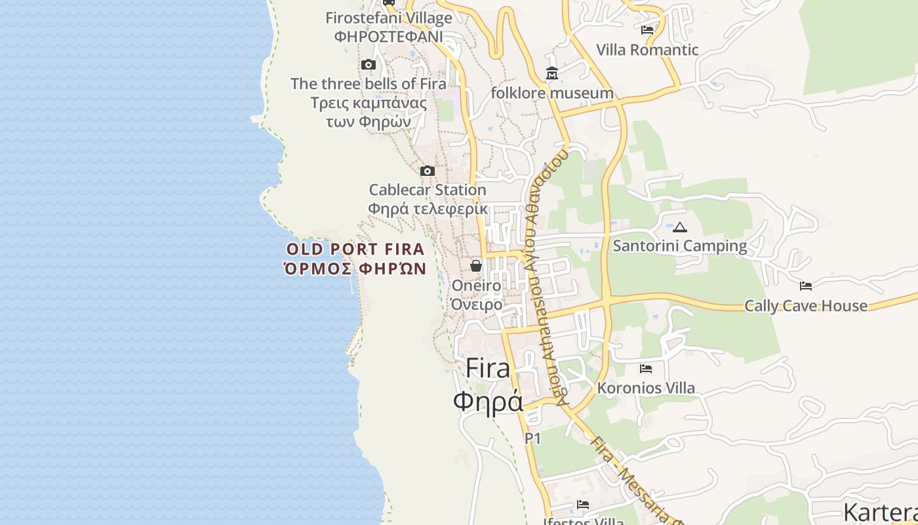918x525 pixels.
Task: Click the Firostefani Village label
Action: pyautogui.click(x=389, y=18)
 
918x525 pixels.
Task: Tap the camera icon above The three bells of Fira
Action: pyautogui.click(x=369, y=64)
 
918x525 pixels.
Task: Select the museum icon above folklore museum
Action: pyautogui.click(x=552, y=73)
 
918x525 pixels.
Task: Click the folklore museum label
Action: pyautogui.click(x=552, y=93)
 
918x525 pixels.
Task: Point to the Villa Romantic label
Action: pyautogui.click(x=647, y=50)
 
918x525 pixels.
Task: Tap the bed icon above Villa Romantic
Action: pyautogui.click(x=647, y=30)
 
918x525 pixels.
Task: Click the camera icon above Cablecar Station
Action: pyautogui.click(x=428, y=171)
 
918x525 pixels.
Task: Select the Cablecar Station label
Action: pyautogui.click(x=428, y=190)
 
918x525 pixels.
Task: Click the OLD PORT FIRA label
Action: pyautogui.click(x=355, y=249)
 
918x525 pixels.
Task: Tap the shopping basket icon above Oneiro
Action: pyautogui.click(x=476, y=266)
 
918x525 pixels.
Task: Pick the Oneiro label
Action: pyautogui.click(x=476, y=286)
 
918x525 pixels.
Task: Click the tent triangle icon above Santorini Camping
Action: pyautogui.click(x=680, y=228)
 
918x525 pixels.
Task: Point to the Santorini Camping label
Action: pyautogui.click(x=680, y=246)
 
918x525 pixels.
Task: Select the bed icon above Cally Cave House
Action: pyautogui.click(x=806, y=285)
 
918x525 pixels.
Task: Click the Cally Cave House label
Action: pyautogui.click(x=806, y=306)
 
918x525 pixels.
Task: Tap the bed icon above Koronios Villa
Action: pyautogui.click(x=646, y=369)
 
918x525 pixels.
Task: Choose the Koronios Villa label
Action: pyautogui.click(x=646, y=388)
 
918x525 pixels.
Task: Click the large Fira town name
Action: pyautogui.click(x=488, y=369)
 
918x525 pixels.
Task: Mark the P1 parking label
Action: pyautogui.click(x=532, y=438)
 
